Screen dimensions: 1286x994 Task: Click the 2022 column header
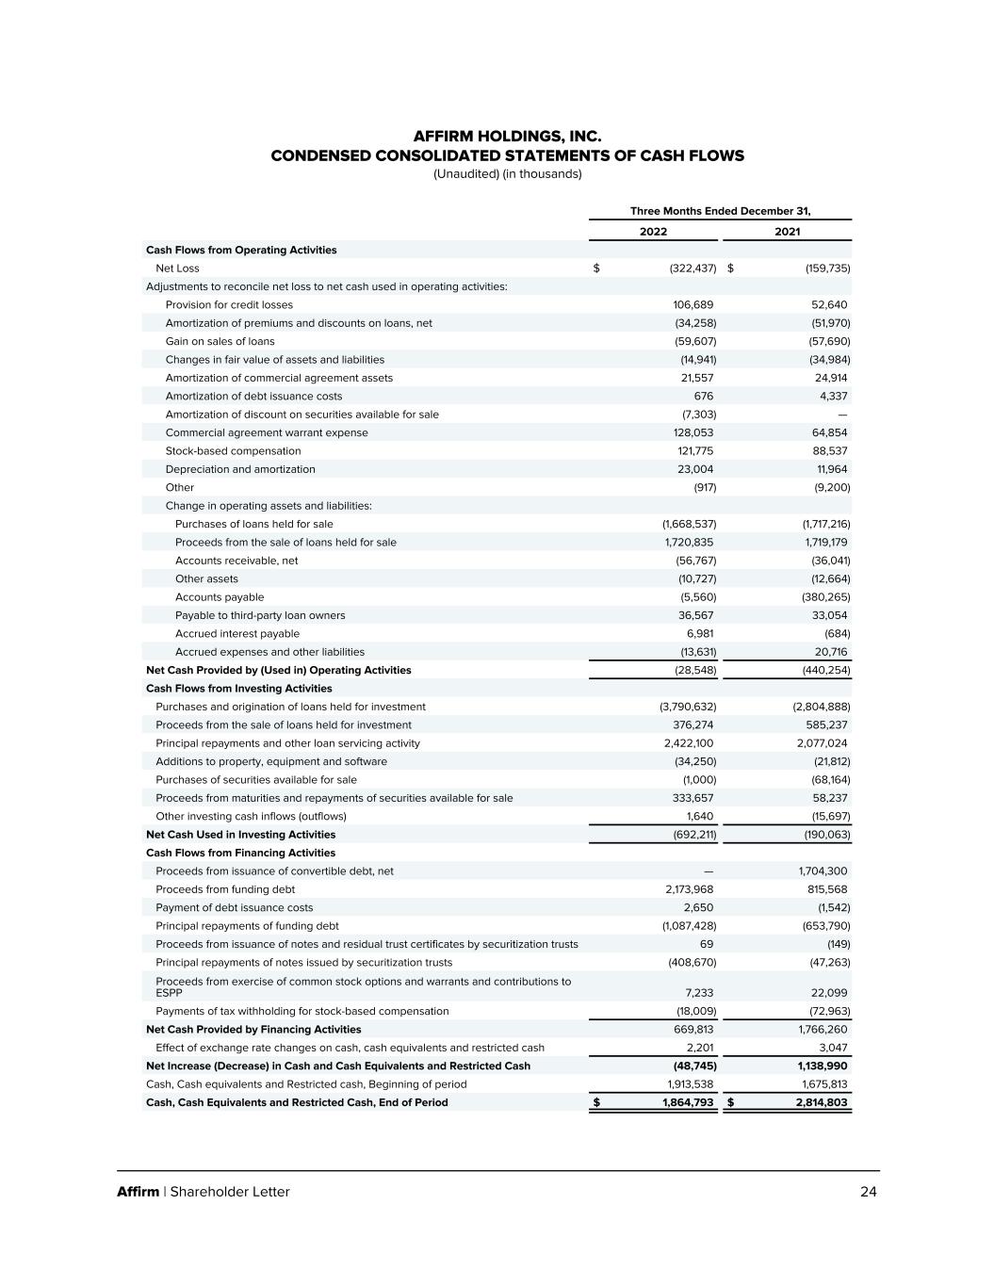(x=653, y=232)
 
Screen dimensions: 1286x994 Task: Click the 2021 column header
(x=787, y=232)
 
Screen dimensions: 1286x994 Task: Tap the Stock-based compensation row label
(x=233, y=451)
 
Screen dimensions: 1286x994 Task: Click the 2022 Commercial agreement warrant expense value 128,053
(x=689, y=433)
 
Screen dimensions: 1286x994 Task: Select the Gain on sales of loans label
(x=220, y=342)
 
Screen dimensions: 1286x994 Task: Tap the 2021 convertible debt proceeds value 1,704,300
(x=823, y=871)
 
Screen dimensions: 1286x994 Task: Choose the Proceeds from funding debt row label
(x=224, y=889)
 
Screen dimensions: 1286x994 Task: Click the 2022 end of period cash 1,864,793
(x=688, y=1103)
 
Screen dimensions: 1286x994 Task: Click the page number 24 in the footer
(x=868, y=1192)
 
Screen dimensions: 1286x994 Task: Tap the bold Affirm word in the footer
(x=138, y=1192)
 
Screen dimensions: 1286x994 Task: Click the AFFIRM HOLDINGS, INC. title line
(x=507, y=138)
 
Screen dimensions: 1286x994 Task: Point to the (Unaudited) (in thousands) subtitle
(x=507, y=174)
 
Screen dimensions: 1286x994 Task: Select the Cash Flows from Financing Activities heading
(x=240, y=854)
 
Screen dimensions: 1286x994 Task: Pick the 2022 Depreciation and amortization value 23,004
(x=694, y=470)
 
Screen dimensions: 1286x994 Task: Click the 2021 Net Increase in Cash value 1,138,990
(x=822, y=1066)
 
